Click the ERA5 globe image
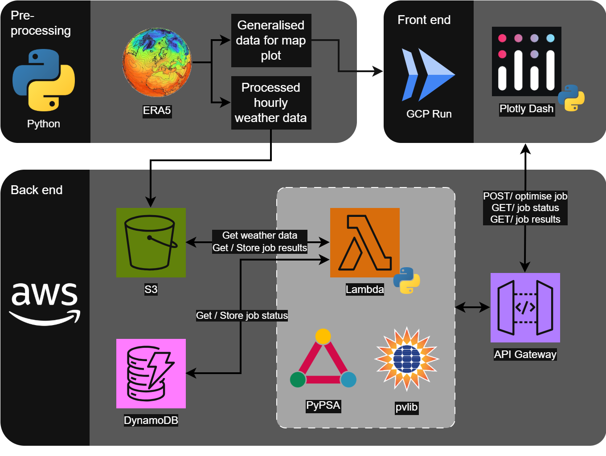[157, 62]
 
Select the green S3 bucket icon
[151, 243]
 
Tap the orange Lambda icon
[364, 243]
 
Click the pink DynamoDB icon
[151, 374]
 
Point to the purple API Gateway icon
[525, 308]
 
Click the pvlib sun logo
[406, 359]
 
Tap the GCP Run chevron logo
[428, 75]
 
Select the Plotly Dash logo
[526, 61]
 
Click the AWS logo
[45, 303]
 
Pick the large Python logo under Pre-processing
[44, 80]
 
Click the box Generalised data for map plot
[271, 41]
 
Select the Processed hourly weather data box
[271, 103]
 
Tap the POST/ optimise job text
[525, 196]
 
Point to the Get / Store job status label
[242, 316]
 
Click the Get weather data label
[260, 235]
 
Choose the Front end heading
[424, 20]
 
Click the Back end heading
[37, 190]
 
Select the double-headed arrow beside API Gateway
[472, 307]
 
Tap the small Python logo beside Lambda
[406, 280]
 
